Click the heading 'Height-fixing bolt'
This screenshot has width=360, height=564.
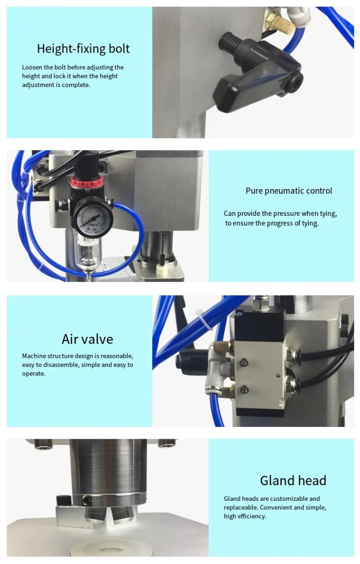[x=83, y=49]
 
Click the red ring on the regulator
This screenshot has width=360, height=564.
[x=87, y=181]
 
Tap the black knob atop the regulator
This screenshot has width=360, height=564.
[x=88, y=164]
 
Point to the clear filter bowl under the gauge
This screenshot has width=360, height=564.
[x=88, y=254]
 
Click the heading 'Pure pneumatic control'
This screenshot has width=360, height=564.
[x=288, y=191]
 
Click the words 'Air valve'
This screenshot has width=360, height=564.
[x=87, y=339]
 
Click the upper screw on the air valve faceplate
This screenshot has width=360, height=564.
[x=244, y=363]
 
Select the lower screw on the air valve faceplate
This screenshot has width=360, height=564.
[x=244, y=389]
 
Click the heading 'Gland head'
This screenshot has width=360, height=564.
[x=293, y=480]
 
